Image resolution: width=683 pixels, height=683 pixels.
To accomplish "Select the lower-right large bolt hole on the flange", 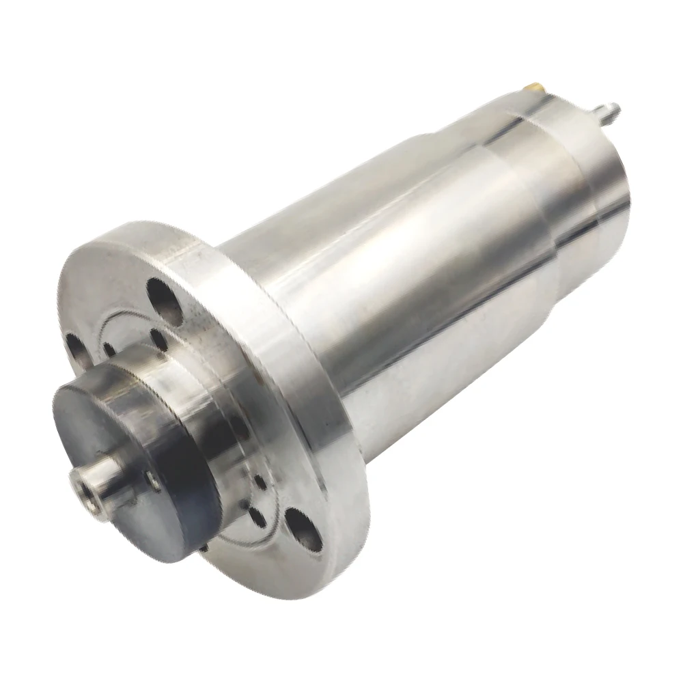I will tap(303, 528).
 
